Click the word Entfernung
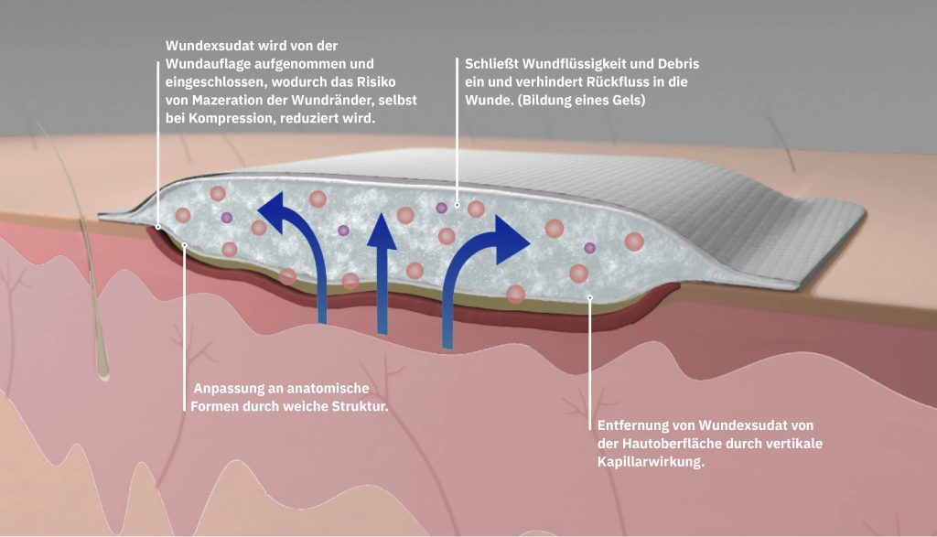coord(635,426)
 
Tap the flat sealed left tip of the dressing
coord(119,217)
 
